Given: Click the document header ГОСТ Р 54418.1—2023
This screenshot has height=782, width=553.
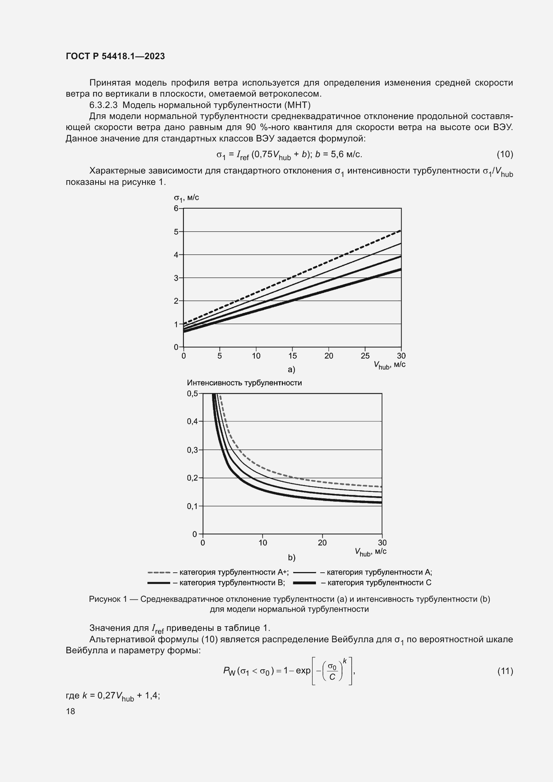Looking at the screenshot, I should pos(115,56).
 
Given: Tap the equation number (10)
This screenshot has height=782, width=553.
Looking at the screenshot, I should pos(505,154).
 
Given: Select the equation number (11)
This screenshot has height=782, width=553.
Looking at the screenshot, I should pos(505,671).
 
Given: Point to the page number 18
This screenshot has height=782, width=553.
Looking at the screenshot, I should pos(71,711).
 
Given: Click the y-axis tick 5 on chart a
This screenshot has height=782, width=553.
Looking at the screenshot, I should pos(176,232).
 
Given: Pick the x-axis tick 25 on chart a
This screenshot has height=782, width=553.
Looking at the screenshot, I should pos(365,356).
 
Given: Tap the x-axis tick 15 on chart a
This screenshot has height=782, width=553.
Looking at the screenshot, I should pos(293,356).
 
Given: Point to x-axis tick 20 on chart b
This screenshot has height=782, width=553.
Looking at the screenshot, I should pos(322,543).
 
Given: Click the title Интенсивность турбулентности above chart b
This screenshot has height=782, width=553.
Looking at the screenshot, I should pos(244,383).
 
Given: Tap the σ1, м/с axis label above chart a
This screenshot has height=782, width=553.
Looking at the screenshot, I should pos(186,198).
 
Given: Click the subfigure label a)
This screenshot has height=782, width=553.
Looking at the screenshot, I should pos(292,369).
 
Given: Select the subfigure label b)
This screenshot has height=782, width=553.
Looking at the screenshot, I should pos(292,558).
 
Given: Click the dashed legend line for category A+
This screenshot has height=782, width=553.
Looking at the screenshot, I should pos(159,572).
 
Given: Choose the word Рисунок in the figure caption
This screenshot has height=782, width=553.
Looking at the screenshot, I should pos(105,599).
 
